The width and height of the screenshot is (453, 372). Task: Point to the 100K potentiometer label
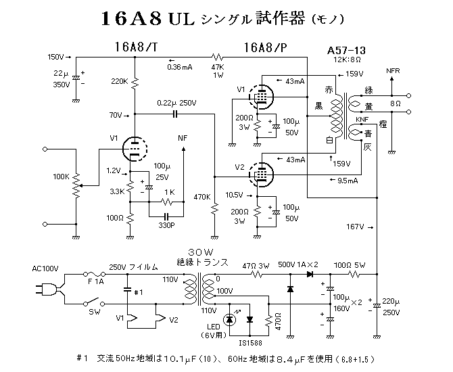click(60, 177)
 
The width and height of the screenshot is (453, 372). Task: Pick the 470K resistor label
click(201, 197)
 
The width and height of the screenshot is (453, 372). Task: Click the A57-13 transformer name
click(347, 50)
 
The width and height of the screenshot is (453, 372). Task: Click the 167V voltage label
click(354, 226)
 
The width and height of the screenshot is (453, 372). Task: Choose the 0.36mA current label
click(179, 67)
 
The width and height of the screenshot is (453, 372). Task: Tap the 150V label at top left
click(57, 56)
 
